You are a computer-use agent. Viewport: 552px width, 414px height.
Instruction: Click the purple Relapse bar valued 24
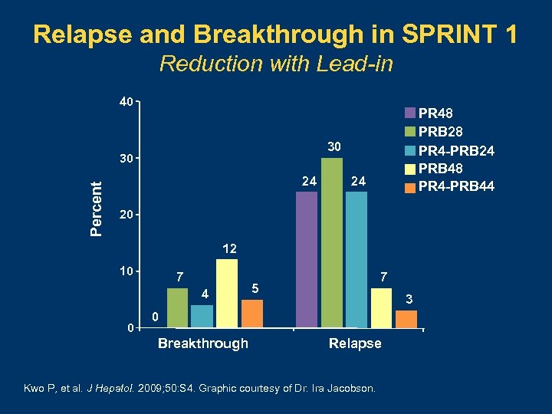point(307,260)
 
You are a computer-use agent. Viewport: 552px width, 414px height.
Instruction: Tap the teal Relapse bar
point(356,260)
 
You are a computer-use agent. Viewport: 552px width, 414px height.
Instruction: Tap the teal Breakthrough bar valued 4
point(202,317)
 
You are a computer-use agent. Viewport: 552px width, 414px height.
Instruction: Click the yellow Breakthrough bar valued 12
point(227,294)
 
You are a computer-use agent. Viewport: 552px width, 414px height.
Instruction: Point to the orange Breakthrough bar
point(252,314)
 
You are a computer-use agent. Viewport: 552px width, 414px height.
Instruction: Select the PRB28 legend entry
point(439,133)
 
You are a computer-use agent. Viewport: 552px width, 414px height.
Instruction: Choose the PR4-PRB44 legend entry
point(449,186)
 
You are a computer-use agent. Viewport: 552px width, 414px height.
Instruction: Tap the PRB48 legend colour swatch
point(410,169)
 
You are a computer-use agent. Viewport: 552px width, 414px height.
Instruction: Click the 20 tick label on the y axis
point(125,215)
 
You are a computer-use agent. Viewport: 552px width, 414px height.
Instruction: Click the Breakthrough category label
point(202,343)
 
